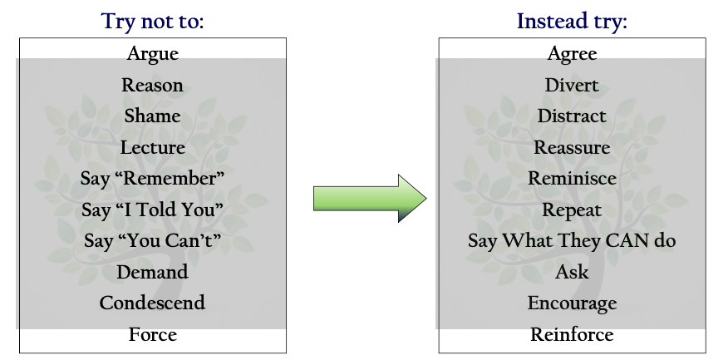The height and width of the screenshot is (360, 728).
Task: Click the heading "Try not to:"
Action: point(152,22)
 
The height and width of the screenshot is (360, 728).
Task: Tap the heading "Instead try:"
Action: point(572,22)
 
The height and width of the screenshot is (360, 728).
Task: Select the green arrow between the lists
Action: point(370,199)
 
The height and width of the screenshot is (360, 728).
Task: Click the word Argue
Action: point(153,54)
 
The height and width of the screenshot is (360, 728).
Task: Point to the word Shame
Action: point(152,116)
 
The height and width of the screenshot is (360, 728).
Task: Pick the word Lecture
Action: point(153,147)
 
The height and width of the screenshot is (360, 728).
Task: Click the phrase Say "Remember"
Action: point(152,179)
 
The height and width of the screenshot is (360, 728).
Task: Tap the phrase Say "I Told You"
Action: point(152,210)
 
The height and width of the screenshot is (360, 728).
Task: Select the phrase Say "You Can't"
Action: point(152,241)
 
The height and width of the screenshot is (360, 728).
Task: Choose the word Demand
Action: point(152,272)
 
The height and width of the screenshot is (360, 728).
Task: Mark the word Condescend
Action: point(152,303)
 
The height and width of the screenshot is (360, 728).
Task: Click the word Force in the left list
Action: point(153,334)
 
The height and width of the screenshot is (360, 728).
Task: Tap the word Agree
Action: point(572,54)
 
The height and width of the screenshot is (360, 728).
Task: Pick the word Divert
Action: point(572,85)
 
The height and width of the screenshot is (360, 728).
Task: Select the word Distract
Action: point(572,116)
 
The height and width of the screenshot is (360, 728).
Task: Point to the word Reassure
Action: point(572,147)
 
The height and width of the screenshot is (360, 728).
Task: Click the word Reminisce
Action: point(572,179)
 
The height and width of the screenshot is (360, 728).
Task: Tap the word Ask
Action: point(572,272)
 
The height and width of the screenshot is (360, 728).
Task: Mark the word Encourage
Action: point(572,303)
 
